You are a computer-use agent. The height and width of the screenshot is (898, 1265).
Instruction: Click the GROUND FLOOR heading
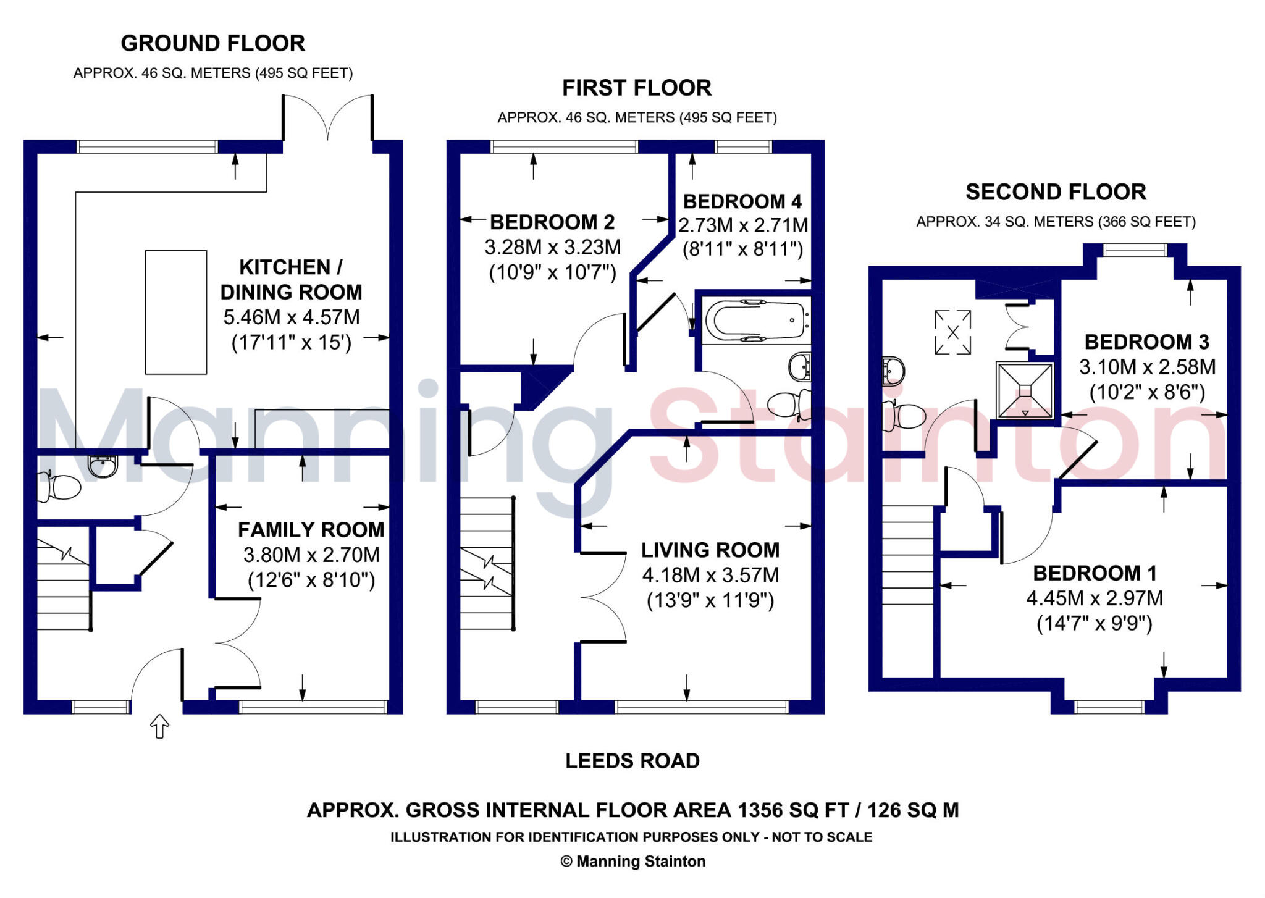click(212, 44)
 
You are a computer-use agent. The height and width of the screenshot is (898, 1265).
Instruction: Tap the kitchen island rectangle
click(176, 312)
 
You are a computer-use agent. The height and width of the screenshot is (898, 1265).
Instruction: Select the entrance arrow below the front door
click(159, 726)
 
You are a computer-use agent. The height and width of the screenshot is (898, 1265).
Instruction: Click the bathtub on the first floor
click(755, 320)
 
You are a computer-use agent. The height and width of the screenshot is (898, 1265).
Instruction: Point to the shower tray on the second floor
click(1024, 390)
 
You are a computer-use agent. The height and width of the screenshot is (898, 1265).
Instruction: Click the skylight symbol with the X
click(952, 332)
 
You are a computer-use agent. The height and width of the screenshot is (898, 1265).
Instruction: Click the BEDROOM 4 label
click(742, 201)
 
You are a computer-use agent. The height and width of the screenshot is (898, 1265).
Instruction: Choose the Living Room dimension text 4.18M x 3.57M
click(710, 576)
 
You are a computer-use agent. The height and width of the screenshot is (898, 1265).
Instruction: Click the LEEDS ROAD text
click(632, 761)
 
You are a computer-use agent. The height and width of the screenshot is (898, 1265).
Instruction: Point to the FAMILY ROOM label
click(311, 530)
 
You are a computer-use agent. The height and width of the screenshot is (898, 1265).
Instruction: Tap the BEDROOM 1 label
click(1095, 573)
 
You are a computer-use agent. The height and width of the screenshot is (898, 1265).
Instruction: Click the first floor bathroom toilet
click(788, 403)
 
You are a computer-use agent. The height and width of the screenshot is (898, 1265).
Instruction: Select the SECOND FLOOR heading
click(1056, 192)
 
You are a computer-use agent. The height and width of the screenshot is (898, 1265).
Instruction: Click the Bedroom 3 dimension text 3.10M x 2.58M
click(1147, 367)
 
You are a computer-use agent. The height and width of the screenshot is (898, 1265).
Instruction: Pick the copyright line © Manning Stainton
click(632, 862)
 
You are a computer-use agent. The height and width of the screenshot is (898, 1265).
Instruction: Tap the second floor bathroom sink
click(893, 371)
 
